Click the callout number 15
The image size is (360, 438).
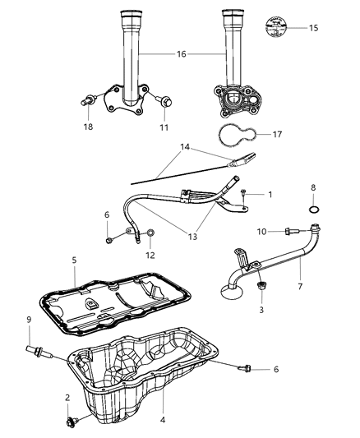(313, 29)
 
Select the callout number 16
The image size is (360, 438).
(182, 53)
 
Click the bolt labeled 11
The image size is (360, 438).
(166, 103)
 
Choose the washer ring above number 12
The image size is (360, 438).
(152, 238)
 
